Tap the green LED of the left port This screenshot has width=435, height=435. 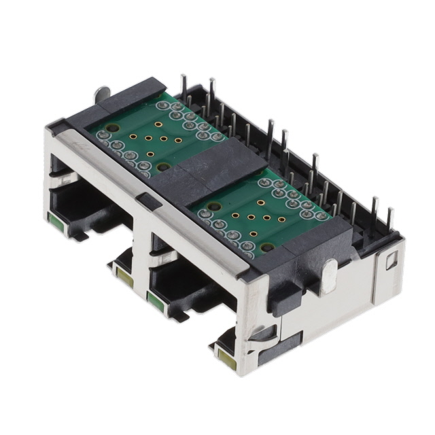[x=53, y=220]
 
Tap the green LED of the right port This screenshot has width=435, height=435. [x=153, y=298]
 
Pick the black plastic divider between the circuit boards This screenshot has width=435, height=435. [x=204, y=170]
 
